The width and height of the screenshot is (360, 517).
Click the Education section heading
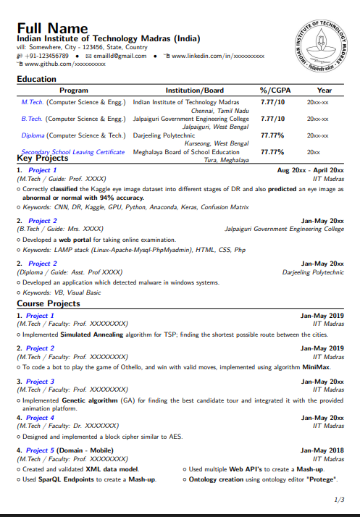point(36,79)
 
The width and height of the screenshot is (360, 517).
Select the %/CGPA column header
point(274,91)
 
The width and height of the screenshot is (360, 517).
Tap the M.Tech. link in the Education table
point(33,102)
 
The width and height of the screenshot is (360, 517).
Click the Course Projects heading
point(49,303)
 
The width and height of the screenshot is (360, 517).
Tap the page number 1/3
point(338,500)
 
